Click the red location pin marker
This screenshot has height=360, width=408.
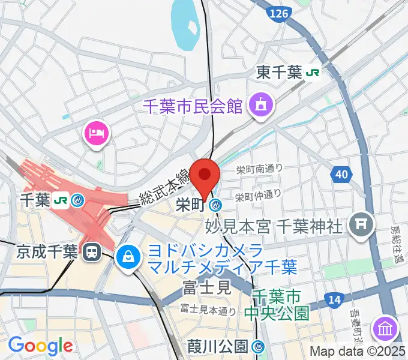[x=205, y=175]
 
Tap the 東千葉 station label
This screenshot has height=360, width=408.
[x=279, y=73]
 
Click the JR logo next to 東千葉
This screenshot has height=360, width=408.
[x=313, y=73]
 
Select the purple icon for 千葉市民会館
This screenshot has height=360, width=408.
[x=262, y=105]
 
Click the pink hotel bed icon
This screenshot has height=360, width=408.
[x=97, y=131]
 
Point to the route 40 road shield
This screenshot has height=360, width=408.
[x=341, y=175]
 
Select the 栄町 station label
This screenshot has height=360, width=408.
[x=190, y=205]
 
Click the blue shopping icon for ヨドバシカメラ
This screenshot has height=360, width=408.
[x=128, y=257]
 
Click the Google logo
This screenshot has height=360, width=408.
[x=40, y=346]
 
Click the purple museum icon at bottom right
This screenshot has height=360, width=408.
[x=385, y=328]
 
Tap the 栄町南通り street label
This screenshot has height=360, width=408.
[x=259, y=170]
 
